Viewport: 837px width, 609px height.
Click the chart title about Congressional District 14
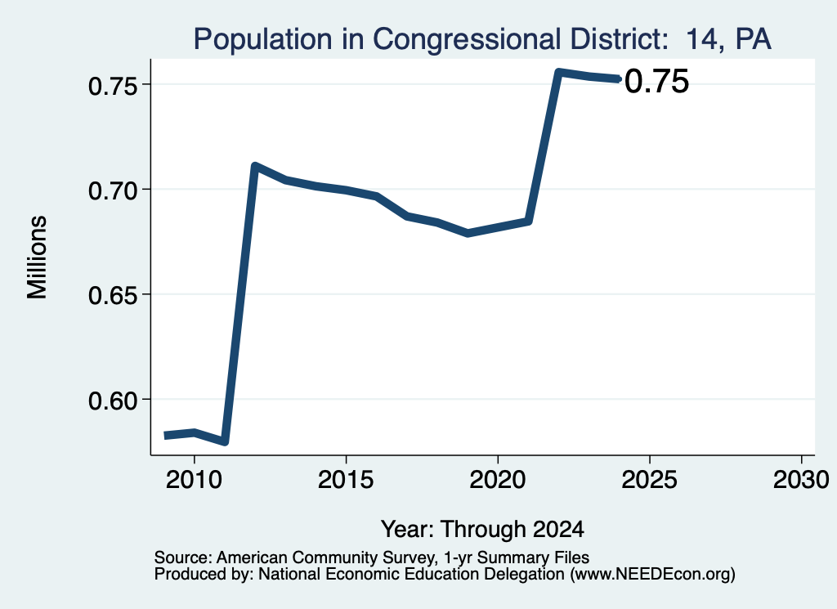click(x=482, y=39)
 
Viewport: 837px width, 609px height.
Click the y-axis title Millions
click(x=38, y=257)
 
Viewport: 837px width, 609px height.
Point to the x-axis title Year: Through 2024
click(x=482, y=530)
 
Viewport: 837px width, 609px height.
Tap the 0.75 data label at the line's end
click(x=656, y=82)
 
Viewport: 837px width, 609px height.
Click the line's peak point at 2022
click(x=558, y=72)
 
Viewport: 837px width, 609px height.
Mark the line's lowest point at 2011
click(x=225, y=441)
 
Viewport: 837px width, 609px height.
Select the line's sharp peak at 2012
click(x=255, y=166)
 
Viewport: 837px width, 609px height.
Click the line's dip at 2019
click(x=468, y=233)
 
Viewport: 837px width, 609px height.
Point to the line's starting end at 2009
click(x=165, y=436)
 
